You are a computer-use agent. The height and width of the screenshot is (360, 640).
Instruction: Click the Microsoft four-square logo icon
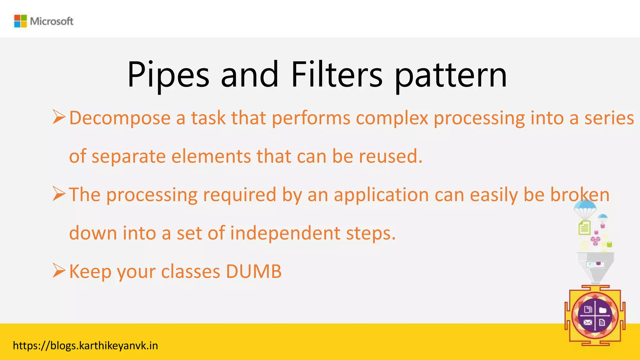coord(21,21)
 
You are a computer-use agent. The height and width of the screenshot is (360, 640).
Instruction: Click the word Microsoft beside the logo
coord(52,21)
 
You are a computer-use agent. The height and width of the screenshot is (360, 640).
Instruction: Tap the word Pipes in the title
coord(168,75)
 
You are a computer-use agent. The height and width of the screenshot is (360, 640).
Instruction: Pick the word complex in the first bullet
coord(392,118)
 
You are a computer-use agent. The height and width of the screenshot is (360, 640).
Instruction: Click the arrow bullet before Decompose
coord(59,117)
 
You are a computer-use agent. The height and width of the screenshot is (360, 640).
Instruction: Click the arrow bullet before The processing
coord(59,194)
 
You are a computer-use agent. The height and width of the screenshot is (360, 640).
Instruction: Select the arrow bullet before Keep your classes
coord(59,270)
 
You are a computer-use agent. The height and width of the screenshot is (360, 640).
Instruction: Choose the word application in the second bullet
coord(381,195)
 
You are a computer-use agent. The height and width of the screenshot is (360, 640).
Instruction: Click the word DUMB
coord(253,271)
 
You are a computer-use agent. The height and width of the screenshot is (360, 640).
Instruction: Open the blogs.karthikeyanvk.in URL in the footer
coord(85,346)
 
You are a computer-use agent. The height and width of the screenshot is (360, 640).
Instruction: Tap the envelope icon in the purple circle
coord(588,322)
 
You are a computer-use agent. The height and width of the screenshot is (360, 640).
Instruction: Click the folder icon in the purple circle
coord(602,310)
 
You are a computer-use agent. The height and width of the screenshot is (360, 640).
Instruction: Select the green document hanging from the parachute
coord(584,227)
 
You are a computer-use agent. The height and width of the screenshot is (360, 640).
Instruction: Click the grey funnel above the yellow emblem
coord(596,266)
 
